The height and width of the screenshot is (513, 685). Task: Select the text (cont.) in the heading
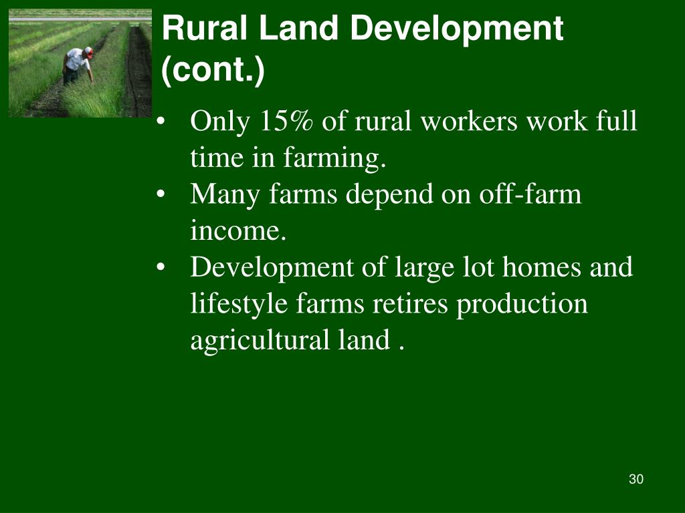(213, 69)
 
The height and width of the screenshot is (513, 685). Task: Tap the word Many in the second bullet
(225, 194)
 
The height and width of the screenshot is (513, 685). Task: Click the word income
(238, 231)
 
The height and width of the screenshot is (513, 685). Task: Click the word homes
(543, 267)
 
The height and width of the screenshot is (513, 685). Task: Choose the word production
(522, 304)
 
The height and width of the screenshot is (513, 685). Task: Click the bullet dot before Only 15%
(161, 123)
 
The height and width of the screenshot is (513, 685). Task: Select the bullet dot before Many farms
(161, 196)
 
